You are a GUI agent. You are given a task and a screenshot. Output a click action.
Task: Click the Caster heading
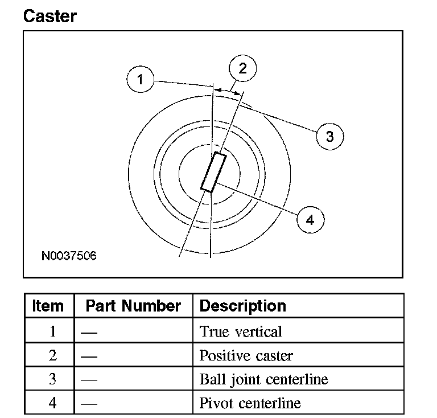50,15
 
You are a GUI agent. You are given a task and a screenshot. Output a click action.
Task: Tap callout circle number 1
140,79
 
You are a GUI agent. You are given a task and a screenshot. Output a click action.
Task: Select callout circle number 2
243,69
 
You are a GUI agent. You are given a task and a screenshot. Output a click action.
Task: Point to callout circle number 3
329,136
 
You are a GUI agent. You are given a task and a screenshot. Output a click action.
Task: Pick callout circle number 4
310,219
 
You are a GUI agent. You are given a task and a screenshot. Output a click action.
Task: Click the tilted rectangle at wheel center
213,173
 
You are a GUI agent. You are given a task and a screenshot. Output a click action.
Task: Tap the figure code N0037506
69,256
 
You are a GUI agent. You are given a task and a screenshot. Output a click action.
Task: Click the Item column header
48,306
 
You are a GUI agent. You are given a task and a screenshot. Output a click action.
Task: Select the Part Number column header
133,306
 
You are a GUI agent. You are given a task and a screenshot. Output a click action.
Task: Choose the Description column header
243,306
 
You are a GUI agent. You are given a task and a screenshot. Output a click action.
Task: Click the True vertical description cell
241,331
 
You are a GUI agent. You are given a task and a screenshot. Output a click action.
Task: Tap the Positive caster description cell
246,356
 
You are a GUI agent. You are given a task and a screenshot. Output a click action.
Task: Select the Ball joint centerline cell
263,379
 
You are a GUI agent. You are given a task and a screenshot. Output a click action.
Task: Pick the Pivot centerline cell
250,403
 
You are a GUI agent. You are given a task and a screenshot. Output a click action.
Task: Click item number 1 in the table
53,331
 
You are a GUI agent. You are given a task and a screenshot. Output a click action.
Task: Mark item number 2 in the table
53,356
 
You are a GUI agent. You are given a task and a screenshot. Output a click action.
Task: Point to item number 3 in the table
53,379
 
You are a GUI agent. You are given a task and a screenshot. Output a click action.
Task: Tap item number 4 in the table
53,403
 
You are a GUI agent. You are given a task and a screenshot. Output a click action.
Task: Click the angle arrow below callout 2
228,90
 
